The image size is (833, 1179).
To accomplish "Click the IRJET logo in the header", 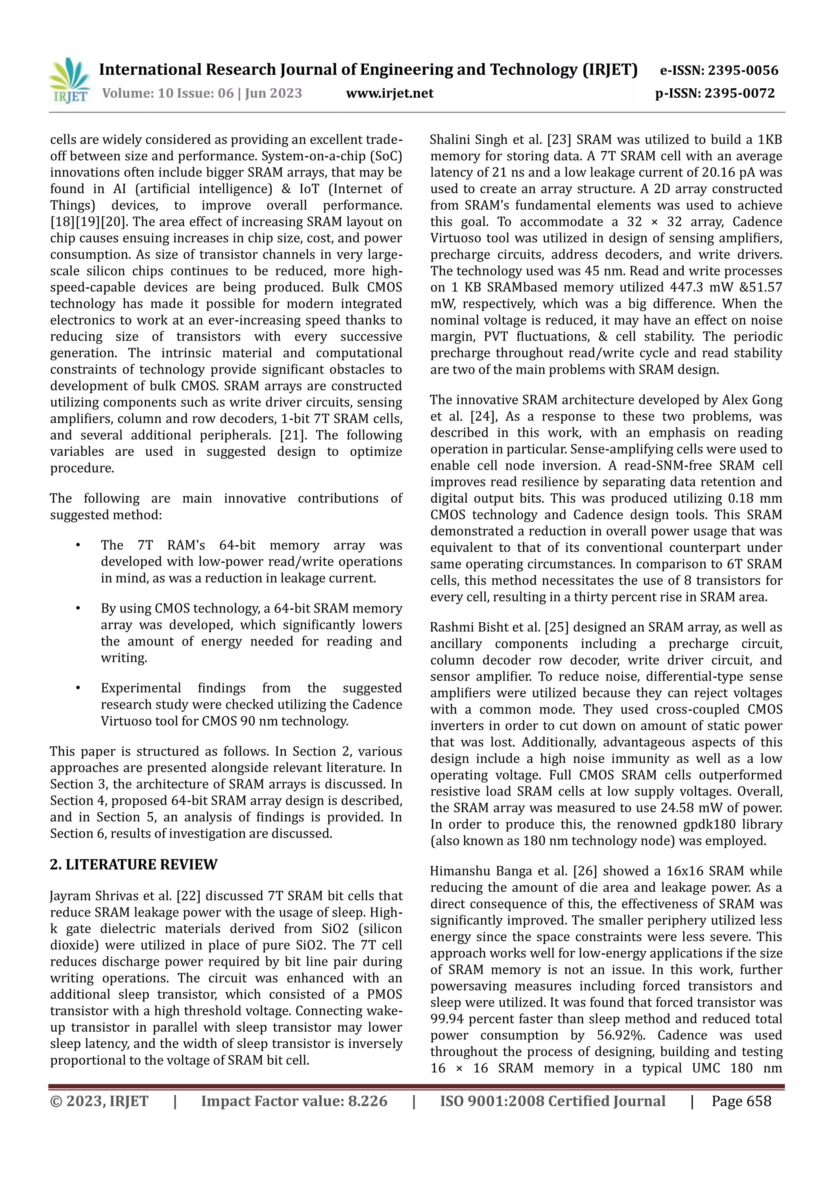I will (x=69, y=81).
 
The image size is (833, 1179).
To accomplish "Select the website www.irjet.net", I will (x=390, y=94).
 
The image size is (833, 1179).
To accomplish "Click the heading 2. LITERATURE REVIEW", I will (x=133, y=865).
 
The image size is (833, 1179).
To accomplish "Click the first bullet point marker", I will (x=78, y=545).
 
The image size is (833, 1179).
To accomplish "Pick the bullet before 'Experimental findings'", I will (x=78, y=688).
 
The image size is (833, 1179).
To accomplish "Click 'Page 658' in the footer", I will (x=741, y=1101).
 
